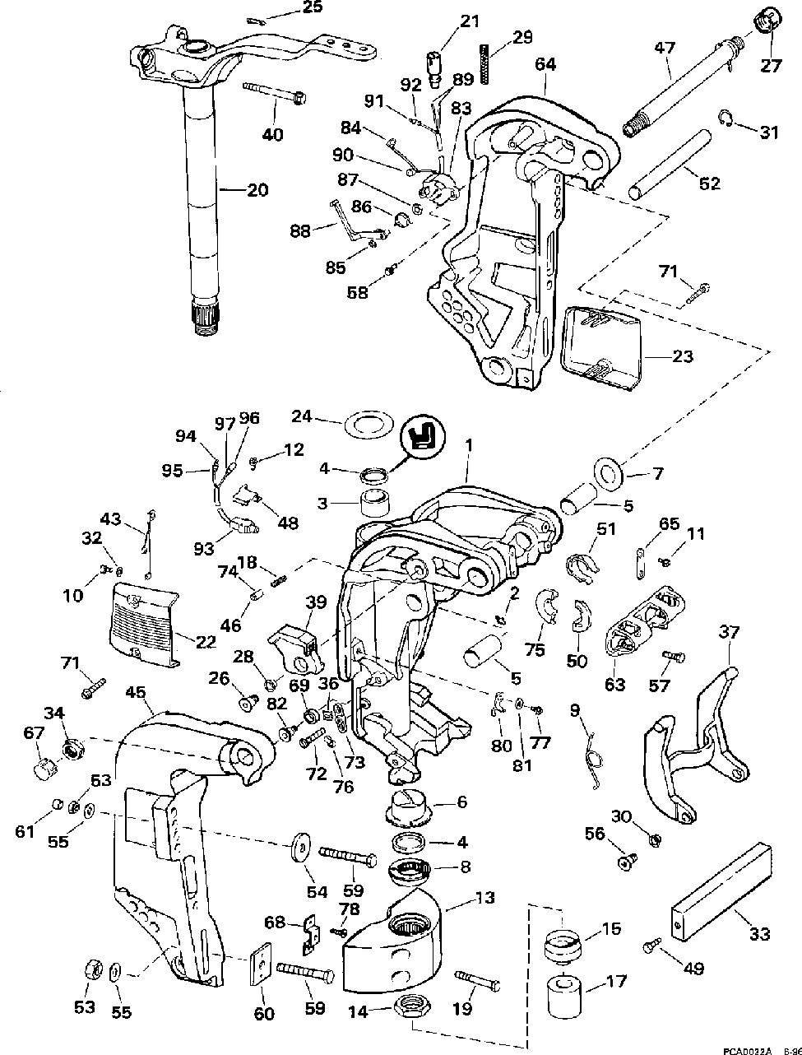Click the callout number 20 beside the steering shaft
[257, 190]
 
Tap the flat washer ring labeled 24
[369, 424]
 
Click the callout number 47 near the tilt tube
[665, 49]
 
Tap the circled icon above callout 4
[423, 437]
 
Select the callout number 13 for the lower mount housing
[484, 897]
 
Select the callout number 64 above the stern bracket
[546, 64]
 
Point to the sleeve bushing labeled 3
[376, 504]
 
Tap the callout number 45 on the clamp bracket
[136, 693]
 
